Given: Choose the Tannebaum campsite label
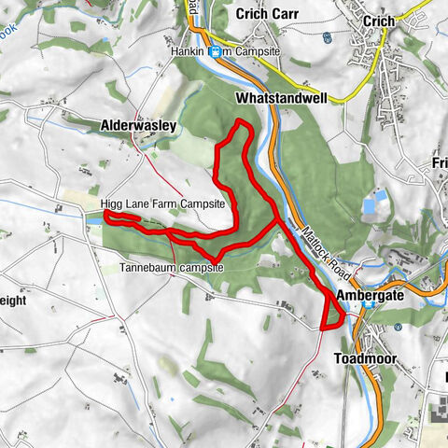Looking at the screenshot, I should [x=173, y=266].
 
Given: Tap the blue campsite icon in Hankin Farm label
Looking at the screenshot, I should [x=215, y=52].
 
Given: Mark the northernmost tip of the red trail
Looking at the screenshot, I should [x=242, y=121].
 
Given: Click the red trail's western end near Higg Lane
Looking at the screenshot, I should [x=105, y=217].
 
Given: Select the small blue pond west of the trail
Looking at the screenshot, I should [x=93, y=217].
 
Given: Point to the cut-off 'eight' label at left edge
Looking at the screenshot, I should [x=16, y=302].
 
